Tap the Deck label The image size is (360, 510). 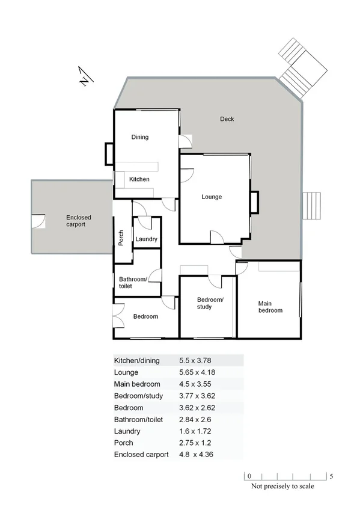click(x=227, y=119)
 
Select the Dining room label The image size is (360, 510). click(x=139, y=137)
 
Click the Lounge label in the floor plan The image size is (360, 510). click(x=211, y=197)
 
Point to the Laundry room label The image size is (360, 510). click(x=146, y=239)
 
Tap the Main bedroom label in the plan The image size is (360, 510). click(x=270, y=307)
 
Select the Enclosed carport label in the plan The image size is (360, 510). click(x=76, y=220)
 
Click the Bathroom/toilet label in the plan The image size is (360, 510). click(x=133, y=283)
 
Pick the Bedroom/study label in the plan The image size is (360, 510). click(x=210, y=303)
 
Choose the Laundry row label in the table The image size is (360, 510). click(x=127, y=431)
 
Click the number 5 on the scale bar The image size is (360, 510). click(x=331, y=476)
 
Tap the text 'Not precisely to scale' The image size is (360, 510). click(x=282, y=487)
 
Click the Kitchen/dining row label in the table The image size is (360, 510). click(x=137, y=361)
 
